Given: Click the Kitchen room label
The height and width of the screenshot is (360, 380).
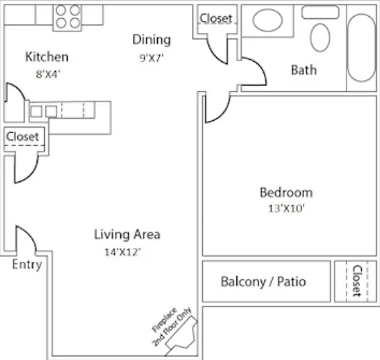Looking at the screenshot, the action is pos(47,56).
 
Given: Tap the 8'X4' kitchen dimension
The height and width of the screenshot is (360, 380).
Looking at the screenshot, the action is pos(48,74).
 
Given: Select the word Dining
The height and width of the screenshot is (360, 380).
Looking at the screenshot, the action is pos(152,40).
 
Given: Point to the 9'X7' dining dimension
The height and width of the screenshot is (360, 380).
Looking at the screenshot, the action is pos(152,58).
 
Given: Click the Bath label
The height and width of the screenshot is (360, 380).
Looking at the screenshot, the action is pos(304,70).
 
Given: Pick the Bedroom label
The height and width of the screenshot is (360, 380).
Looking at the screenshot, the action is pos(286,193).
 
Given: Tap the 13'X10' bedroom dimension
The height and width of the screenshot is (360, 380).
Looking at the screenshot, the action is pos(286,208).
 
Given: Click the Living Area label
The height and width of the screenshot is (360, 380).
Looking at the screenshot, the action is pos(127,234).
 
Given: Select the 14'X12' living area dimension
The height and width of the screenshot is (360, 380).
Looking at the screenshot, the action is pos(123,252).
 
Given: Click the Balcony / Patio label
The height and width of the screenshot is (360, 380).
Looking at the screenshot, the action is pos(263,281).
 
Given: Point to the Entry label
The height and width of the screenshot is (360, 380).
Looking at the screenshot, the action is pos(27,265).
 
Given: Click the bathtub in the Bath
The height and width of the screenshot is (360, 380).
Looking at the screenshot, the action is pos(362,48).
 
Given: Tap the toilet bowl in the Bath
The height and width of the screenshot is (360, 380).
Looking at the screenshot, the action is pos(320,38).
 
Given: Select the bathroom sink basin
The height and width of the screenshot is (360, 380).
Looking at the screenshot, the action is pos(268,20).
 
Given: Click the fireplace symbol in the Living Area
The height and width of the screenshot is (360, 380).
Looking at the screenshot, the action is pos(182,336).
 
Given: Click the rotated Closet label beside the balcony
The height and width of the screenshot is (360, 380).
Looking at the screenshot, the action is pos(357,281).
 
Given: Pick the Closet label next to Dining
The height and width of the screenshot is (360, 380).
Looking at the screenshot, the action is pos(216,18).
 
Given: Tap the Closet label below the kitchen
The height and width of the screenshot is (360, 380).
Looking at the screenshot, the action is pos(22,137).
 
